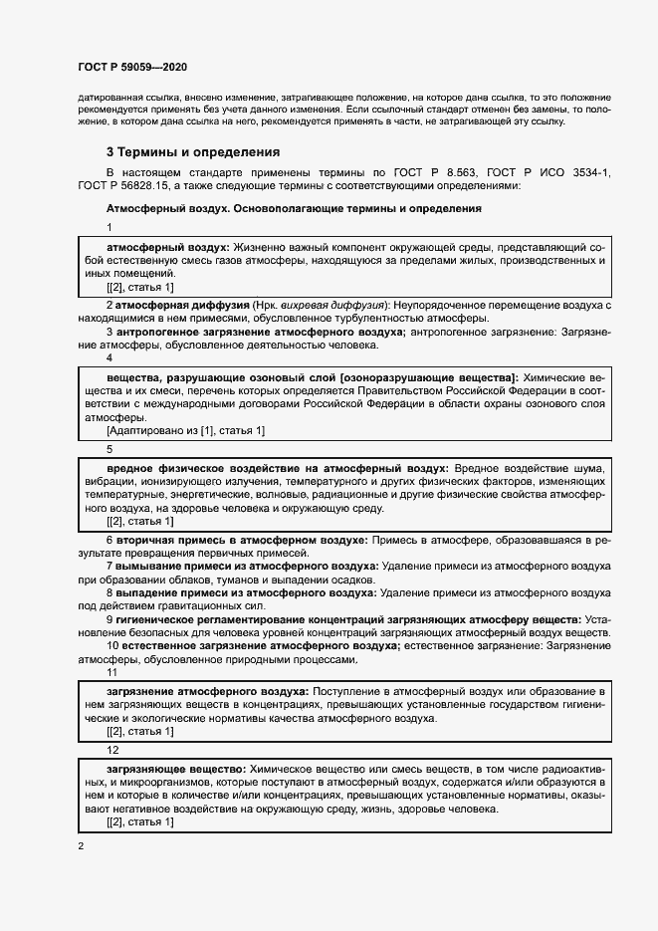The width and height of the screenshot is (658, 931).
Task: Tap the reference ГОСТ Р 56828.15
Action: point(126,186)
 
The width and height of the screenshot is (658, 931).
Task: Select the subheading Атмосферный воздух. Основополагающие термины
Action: point(294,209)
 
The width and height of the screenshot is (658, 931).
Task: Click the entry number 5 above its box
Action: point(110,449)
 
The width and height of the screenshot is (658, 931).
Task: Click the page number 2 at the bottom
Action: point(81,846)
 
